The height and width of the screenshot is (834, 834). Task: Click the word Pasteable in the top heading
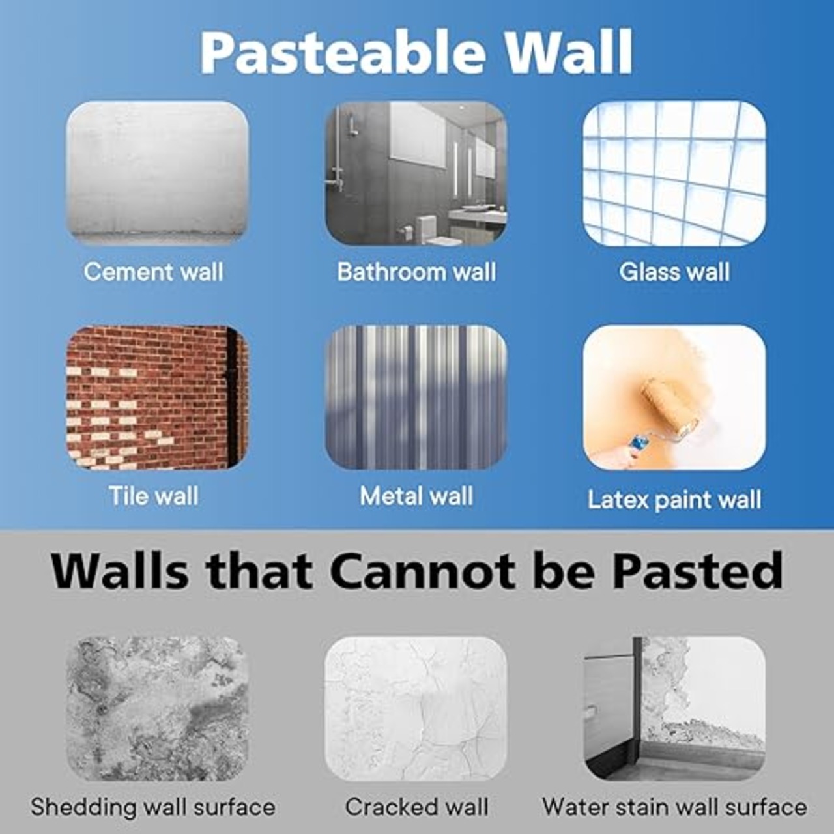[x=342, y=53]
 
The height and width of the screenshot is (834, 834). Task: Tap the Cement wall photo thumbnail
[x=157, y=173]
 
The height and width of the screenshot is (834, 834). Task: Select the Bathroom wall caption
[x=416, y=272]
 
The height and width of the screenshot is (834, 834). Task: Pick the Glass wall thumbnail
[x=674, y=173]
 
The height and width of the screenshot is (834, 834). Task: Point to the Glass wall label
[x=674, y=272]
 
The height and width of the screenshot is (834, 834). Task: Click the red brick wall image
[x=157, y=397]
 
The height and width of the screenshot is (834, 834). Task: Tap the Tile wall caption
[x=154, y=496]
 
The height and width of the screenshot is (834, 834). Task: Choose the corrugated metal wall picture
[x=416, y=397]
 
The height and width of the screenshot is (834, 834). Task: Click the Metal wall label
[x=416, y=496]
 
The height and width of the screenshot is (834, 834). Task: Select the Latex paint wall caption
[x=674, y=500]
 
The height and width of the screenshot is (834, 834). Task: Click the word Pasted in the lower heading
[x=697, y=570]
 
